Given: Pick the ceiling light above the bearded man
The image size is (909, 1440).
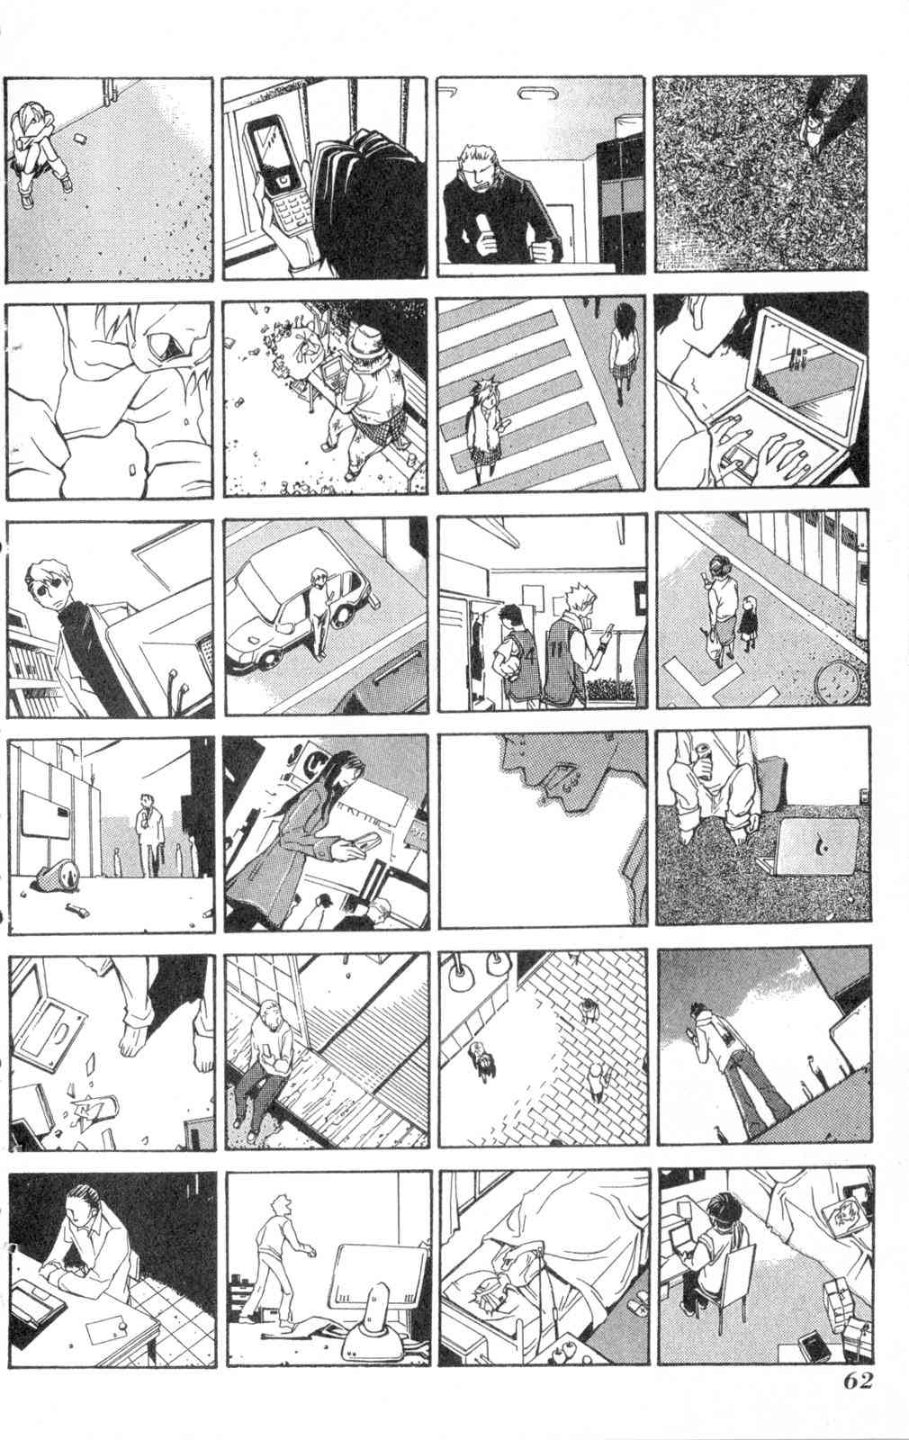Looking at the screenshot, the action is [x=532, y=94].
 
